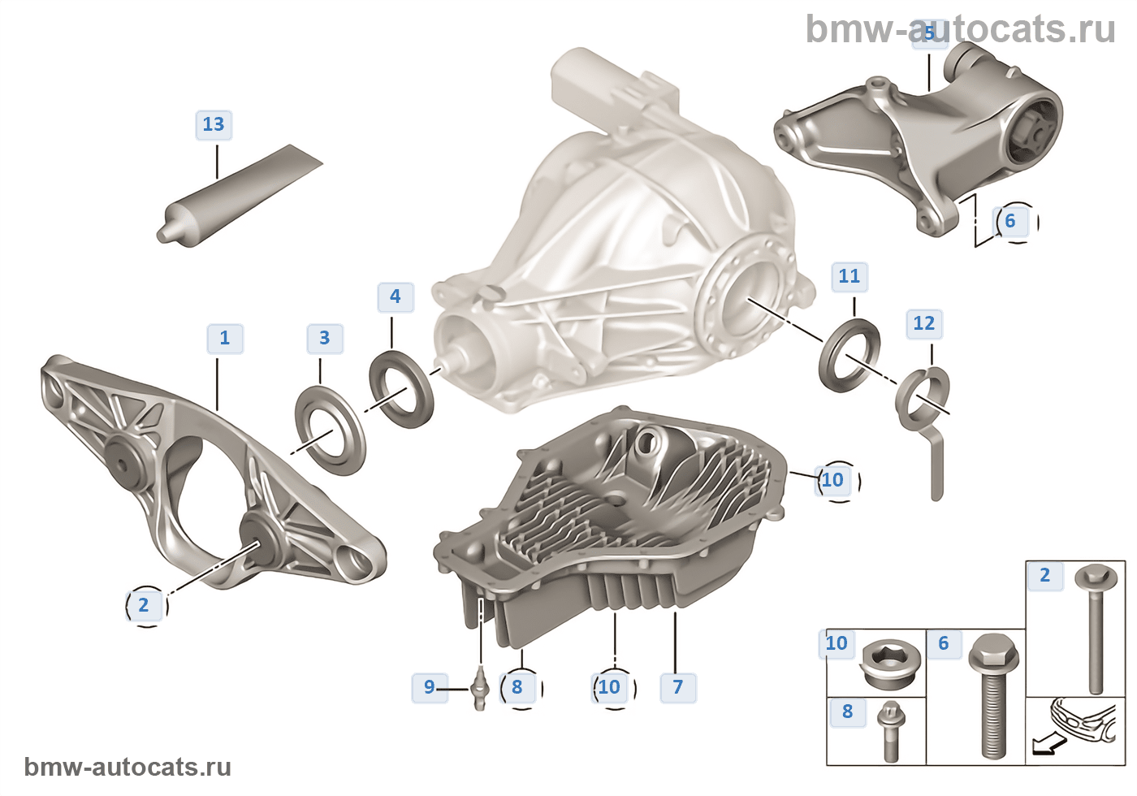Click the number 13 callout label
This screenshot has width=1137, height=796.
[x=214, y=124]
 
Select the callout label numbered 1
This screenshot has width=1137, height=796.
[x=225, y=338]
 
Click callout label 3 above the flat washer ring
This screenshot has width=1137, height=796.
[x=325, y=338]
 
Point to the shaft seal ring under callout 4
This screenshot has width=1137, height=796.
[x=401, y=387]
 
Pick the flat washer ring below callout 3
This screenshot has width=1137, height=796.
[x=330, y=431]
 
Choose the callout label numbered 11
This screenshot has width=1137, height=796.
[x=850, y=276]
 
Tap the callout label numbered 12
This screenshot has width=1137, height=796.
[x=924, y=323]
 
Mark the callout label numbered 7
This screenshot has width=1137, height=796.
[x=678, y=687]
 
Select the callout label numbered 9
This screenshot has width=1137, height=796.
[x=430, y=687]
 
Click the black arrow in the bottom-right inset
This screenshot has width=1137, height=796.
[x=1044, y=744]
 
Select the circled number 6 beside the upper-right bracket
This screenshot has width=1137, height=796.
[x=1010, y=221]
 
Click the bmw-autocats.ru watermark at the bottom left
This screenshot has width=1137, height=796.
[x=128, y=767]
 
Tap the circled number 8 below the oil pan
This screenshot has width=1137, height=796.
[x=517, y=687]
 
